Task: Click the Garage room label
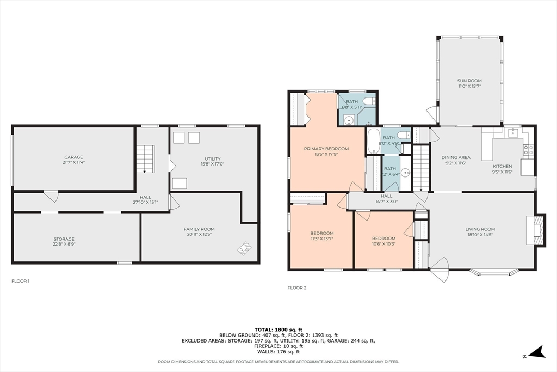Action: [x=73, y=160]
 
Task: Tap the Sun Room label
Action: [x=469, y=83]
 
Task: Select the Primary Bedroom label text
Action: [x=326, y=151]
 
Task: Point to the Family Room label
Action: [x=199, y=232]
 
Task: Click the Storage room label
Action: [x=64, y=241]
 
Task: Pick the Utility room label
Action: [x=213, y=161]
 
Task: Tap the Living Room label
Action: [x=480, y=232]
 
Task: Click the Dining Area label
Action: [x=456, y=160]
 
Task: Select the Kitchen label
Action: [x=502, y=169]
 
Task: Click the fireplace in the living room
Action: [x=536, y=230]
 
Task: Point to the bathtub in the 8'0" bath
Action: [x=373, y=141]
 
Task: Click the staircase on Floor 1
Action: [x=146, y=159]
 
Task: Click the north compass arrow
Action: [x=536, y=352]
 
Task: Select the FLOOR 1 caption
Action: [x=20, y=281]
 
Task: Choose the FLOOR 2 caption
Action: [x=296, y=288]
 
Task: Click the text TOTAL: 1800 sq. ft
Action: [x=278, y=330]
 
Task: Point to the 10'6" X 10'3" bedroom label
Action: [x=383, y=241]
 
